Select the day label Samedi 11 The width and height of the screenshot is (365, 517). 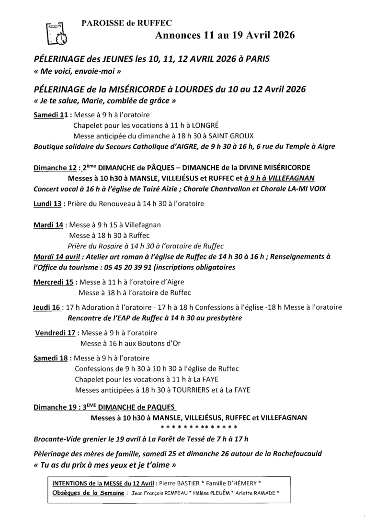coord(52,115)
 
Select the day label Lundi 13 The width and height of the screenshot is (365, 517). coord(48,203)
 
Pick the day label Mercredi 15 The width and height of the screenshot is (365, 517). coord(53,282)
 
